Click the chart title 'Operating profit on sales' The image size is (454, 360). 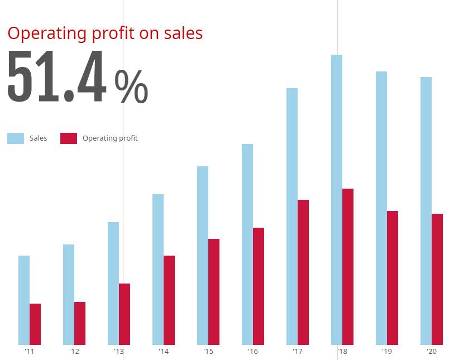coord(105,33)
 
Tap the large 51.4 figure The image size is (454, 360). coord(56,77)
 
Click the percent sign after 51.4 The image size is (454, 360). coord(131,86)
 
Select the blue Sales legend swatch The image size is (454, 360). coord(16,138)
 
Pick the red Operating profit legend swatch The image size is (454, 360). coord(69,138)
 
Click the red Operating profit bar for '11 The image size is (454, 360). coord(35,324)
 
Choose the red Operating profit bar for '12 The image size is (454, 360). coord(80,323)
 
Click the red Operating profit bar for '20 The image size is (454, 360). coord(437,279)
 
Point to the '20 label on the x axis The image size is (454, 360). coord(431,352)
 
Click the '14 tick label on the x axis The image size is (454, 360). coord(163,352)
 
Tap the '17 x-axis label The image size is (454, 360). coord(297,352)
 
